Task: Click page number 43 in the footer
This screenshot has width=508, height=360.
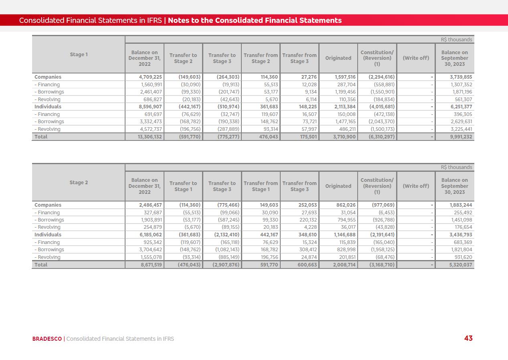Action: coord(468,338)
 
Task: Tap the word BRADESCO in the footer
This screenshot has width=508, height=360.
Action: coord(47,339)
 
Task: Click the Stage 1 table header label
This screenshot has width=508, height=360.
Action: coord(79,55)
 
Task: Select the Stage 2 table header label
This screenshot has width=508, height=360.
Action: coord(79,183)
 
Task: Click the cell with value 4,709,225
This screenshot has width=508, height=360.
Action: coord(145,77)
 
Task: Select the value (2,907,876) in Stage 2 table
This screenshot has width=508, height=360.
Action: coord(223,265)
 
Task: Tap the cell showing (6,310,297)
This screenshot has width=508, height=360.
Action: coord(378,137)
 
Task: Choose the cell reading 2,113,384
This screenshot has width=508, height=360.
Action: coord(339,107)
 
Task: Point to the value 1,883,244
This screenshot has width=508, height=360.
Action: coord(455,205)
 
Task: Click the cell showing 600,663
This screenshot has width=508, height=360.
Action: coord(300,265)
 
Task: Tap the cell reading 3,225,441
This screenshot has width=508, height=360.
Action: coord(456,129)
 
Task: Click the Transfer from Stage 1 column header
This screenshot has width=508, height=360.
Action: coord(261,186)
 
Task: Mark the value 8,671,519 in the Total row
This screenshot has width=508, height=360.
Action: coord(145,265)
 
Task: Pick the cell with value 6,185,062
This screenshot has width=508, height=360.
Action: coord(145,235)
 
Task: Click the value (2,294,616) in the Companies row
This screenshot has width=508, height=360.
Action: coord(378,77)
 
